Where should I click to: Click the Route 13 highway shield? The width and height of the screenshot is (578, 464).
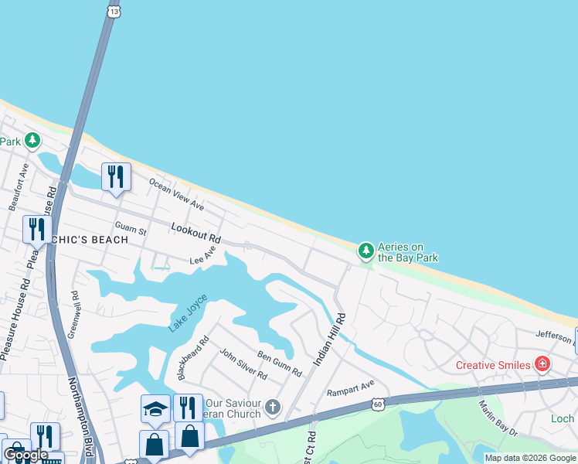pos(114,12)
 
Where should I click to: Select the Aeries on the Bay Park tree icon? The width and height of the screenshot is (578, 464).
pos(365,251)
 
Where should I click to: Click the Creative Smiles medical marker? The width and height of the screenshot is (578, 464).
pos(542,364)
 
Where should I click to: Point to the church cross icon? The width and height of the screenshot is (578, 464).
pos(273,407)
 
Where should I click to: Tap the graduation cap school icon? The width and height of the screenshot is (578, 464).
pos(155,408)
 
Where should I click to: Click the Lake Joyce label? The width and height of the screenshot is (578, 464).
pos(188,313)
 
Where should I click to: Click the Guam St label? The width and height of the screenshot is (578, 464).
pos(125,227)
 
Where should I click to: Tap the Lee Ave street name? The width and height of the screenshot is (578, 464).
pos(202,259)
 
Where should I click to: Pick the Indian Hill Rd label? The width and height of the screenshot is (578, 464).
pos(329,339)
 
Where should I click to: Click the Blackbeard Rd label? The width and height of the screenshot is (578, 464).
pos(193,357)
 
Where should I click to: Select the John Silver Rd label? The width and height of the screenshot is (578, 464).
pos(243,364)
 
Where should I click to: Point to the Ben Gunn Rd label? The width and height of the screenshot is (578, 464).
pos(279,364)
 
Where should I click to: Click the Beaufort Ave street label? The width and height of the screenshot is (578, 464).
pos(19,187)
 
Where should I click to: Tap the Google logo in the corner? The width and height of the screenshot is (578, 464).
pos(25,454)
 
